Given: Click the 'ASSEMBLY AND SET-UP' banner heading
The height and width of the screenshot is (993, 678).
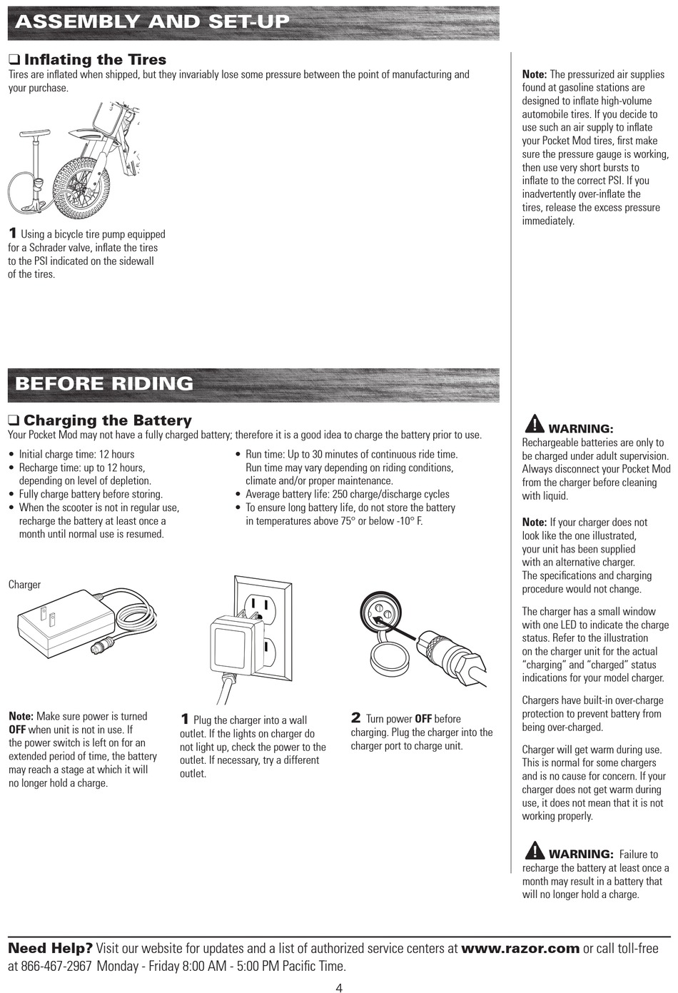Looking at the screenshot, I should [152, 21].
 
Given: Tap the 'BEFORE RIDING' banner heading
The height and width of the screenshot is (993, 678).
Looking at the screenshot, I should [104, 383].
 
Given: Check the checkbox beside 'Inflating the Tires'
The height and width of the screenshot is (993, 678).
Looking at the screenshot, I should [14, 60].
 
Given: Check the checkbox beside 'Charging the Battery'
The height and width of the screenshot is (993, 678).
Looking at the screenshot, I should [14, 420].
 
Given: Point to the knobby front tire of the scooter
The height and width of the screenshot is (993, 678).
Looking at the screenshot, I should [82, 186].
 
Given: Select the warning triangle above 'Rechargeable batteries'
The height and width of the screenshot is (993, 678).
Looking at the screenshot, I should [534, 424].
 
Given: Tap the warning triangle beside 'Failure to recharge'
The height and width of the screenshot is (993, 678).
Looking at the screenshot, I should [534, 850].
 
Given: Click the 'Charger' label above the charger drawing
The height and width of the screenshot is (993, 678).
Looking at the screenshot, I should [25, 585].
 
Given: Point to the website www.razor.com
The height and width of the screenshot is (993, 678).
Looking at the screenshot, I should [520, 949].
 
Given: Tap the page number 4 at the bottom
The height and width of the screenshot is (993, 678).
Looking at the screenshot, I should [339, 987].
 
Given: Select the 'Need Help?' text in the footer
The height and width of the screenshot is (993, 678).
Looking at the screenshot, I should [50, 949].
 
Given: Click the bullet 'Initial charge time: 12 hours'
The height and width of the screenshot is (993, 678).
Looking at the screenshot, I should [76, 454].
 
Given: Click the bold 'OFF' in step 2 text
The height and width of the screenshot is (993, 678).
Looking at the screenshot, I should [423, 719].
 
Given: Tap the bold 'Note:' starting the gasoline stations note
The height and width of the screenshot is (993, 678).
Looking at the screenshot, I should [535, 74].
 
